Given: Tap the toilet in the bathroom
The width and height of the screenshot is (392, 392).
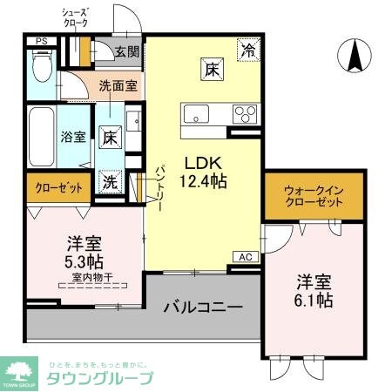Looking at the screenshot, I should (x=40, y=64).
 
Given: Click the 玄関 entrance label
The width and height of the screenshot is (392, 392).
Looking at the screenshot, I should (x=126, y=51).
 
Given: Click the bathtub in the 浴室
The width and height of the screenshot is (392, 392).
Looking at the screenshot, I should (x=41, y=136).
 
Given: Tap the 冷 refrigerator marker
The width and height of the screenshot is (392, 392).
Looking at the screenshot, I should (x=250, y=51).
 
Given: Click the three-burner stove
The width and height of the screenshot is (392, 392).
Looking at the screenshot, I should (x=245, y=113).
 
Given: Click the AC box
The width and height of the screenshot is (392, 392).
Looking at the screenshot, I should (x=245, y=256).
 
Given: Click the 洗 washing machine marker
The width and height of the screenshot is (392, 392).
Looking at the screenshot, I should (x=112, y=182).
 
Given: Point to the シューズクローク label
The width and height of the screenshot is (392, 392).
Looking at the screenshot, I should (x=77, y=17).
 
